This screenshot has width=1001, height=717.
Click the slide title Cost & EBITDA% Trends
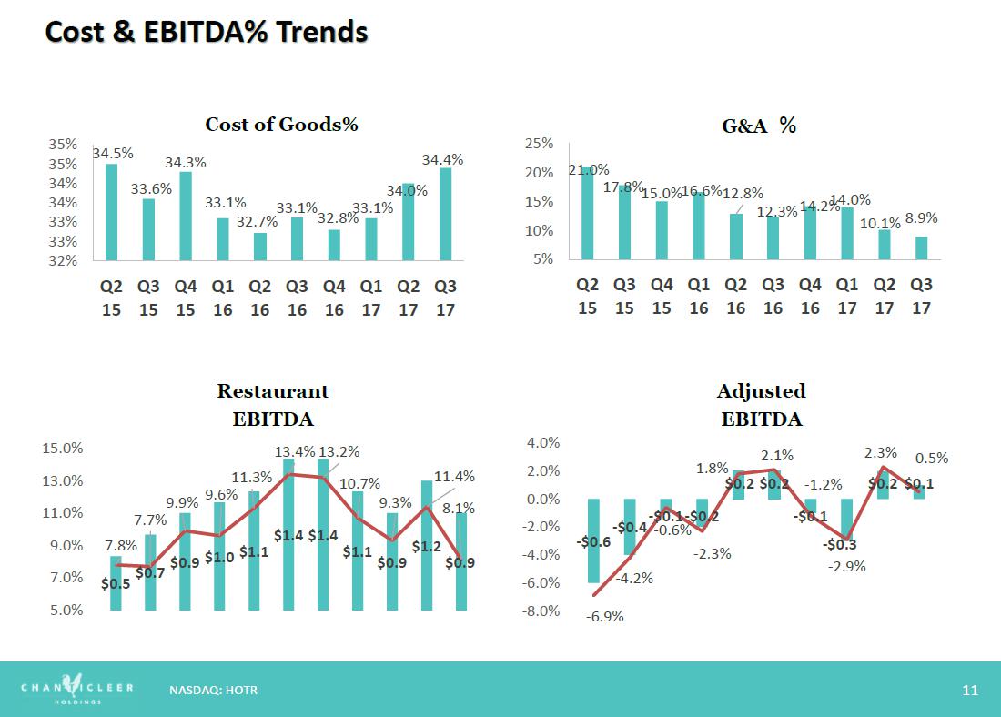click(207, 32)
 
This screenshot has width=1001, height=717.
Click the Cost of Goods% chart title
click(281, 124)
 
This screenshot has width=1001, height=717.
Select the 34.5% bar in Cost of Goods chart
click(111, 212)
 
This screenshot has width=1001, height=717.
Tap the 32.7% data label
click(258, 221)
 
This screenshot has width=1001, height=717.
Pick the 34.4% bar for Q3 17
click(446, 214)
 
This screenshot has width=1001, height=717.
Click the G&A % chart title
click(759, 126)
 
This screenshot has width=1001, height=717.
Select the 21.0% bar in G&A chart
click(587, 213)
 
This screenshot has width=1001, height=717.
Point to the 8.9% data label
click(921, 218)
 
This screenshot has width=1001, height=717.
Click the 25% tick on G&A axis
click(540, 144)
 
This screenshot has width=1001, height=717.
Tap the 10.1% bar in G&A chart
click(885, 245)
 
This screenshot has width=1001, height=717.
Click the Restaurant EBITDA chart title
click(273, 405)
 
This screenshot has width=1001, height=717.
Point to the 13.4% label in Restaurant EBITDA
click(294, 451)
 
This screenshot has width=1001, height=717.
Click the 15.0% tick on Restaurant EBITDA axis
click(63, 449)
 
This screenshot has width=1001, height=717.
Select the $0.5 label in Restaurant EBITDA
click(116, 583)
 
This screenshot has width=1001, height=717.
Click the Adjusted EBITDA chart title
click(762, 405)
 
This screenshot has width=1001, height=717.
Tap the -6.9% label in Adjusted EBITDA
click(604, 617)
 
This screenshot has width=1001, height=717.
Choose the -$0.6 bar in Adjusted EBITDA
click(593, 540)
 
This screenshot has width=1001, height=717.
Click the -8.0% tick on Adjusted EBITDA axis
click(540, 611)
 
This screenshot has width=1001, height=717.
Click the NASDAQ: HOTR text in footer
click(213, 691)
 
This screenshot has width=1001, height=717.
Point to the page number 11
click(970, 691)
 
